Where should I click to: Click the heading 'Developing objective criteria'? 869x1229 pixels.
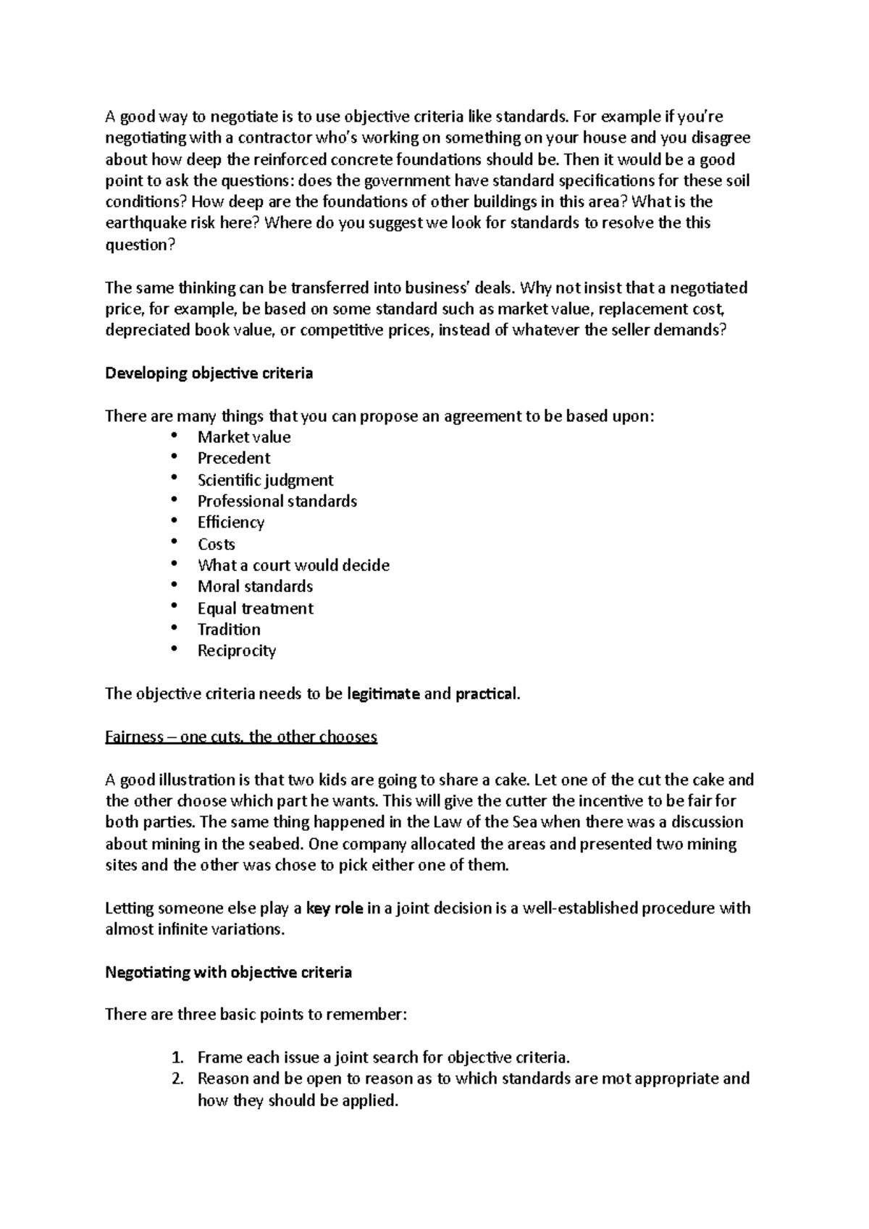pos(209,373)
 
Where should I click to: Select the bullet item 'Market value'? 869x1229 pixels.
pos(243,437)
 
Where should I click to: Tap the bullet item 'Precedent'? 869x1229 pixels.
pos(233,458)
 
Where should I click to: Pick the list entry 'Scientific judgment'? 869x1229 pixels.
pos(265,480)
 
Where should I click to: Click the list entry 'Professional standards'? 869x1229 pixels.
pos(277,501)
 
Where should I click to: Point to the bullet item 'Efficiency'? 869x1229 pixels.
pos(230,523)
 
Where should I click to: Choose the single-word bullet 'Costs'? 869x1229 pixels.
pos(216,544)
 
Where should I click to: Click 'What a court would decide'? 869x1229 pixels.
pos(293,565)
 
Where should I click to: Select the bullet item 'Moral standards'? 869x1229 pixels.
pos(255,586)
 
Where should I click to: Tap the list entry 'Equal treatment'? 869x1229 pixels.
pos(255,608)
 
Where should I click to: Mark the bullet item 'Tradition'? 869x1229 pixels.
pos(229,629)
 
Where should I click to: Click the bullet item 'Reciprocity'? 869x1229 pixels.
pos(236,651)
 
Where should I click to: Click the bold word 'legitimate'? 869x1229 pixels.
pos(383,694)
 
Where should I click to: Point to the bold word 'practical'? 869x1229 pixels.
pos(486,694)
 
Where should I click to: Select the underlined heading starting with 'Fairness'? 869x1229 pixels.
pos(241,737)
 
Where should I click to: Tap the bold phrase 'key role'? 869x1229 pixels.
pos(335,908)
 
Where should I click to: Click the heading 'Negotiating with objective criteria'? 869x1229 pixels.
pos(228,973)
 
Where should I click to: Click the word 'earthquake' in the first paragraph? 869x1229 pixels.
pos(143,223)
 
